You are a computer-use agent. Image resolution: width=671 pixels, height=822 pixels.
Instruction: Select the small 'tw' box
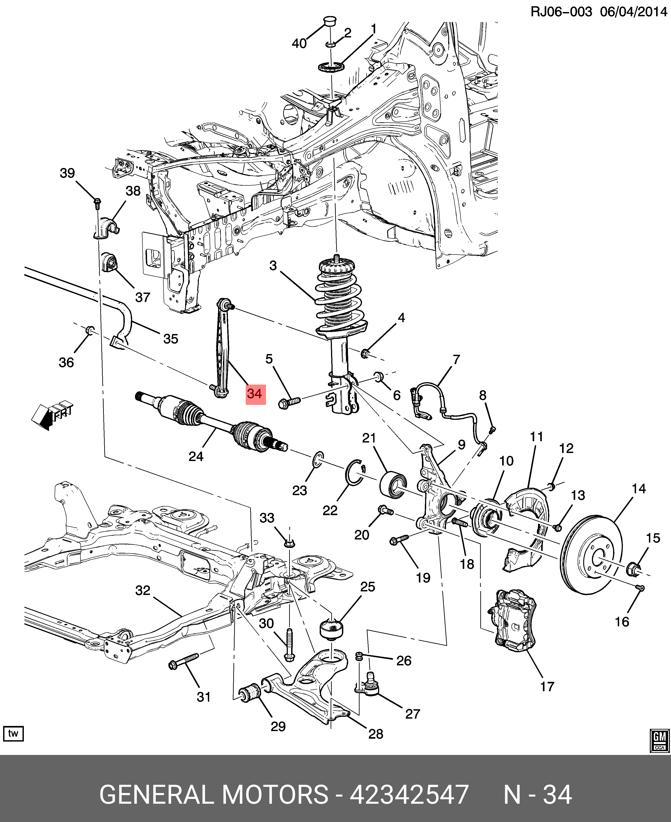tap(13, 734)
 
